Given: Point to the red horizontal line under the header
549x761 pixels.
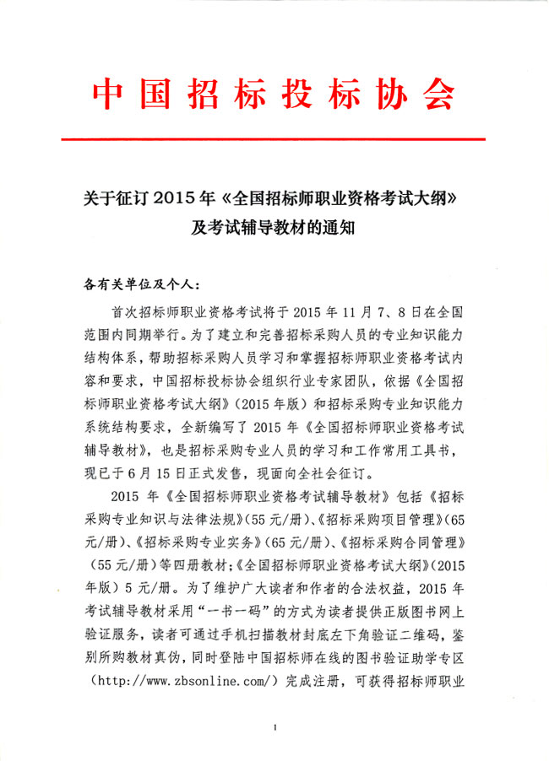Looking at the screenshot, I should (x=274, y=138).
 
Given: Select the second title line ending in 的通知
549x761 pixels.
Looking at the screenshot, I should (x=274, y=226).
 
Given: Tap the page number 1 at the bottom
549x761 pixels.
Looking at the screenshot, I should (x=276, y=726).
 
